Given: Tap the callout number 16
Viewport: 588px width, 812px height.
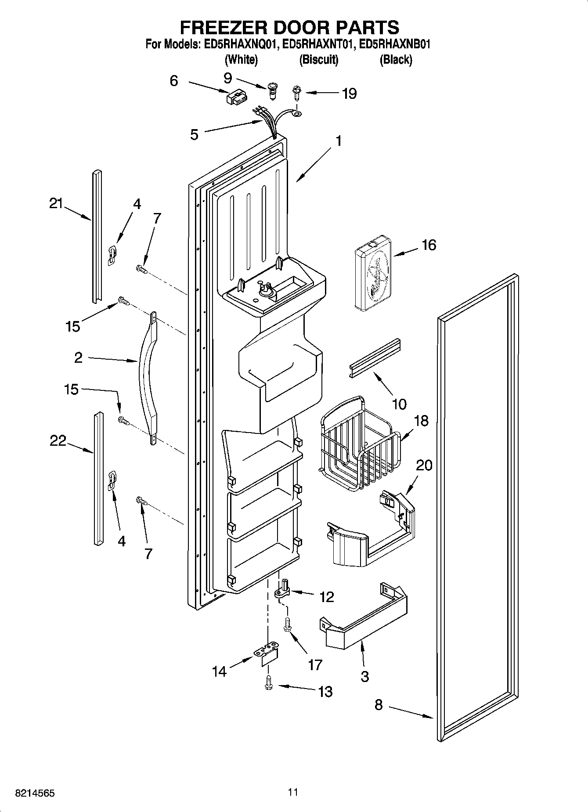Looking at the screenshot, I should click(x=429, y=245).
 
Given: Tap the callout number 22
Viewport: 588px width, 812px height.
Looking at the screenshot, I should click(x=58, y=440).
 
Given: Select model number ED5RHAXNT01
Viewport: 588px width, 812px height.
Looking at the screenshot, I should click(x=317, y=44).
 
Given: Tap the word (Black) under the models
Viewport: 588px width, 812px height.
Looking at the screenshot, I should click(x=396, y=60).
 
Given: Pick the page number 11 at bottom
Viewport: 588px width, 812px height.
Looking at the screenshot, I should click(x=293, y=792).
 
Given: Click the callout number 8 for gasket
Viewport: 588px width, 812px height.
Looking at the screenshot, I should click(x=379, y=705).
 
